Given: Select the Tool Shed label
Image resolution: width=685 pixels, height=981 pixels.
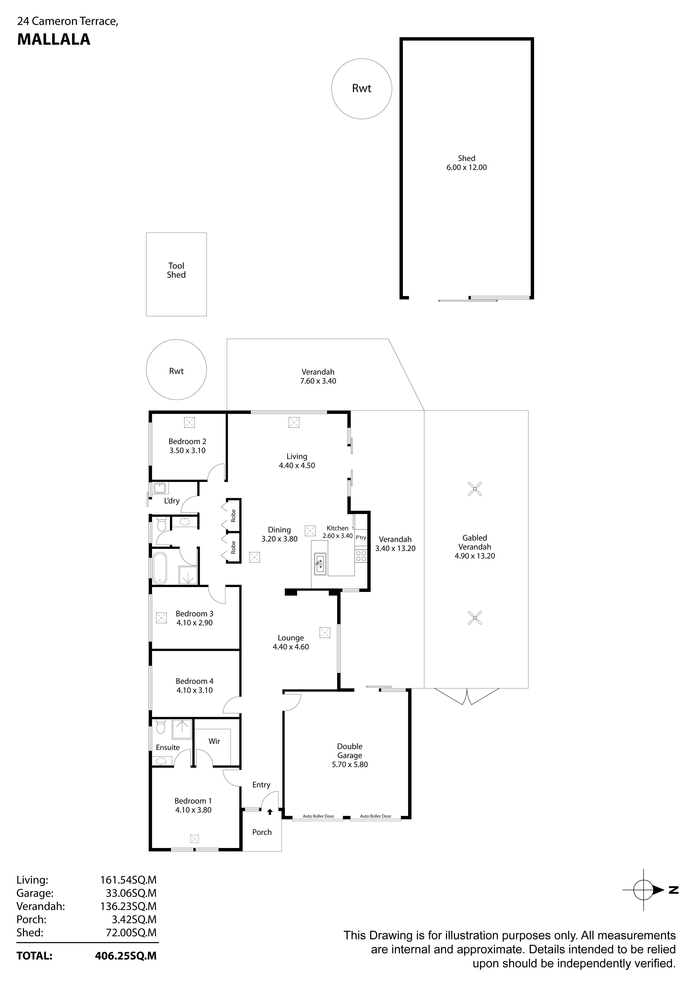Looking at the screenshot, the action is coord(176,270).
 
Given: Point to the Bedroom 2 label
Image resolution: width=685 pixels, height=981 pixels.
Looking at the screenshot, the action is coord(187,441).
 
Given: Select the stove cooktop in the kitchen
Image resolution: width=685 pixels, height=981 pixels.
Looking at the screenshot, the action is coord(361,555).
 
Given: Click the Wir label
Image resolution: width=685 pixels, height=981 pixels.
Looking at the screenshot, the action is coord(214,741).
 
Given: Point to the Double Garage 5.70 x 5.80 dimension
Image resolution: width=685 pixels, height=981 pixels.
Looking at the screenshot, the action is coord(350,764).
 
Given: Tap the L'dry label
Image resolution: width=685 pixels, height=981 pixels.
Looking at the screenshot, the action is coord(172,501).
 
